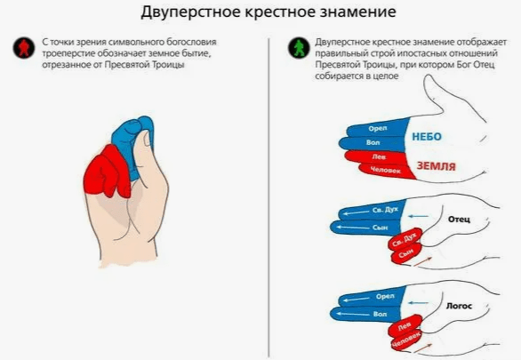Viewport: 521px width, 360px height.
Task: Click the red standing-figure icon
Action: [24, 48]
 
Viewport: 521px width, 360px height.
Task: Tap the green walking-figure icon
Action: [299, 48]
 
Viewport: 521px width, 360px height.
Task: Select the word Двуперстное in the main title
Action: [190, 12]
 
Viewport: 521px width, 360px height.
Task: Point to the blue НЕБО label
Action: [427, 137]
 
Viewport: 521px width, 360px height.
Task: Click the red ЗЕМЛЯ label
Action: [436, 165]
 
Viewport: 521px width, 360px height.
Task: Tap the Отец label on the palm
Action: [459, 220]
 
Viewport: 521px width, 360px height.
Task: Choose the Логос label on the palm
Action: [459, 306]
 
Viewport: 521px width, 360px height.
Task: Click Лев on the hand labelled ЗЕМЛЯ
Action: [379, 156]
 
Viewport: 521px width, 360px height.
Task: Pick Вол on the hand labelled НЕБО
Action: [373, 142]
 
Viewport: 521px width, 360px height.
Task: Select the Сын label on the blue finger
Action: [381, 228]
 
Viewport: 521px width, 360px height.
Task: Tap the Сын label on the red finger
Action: [405, 254]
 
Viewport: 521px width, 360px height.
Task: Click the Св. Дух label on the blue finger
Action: [385, 210]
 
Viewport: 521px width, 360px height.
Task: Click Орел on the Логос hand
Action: [385, 296]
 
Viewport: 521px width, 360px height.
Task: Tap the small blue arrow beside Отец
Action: [418, 217]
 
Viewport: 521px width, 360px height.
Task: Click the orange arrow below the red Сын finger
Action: [422, 261]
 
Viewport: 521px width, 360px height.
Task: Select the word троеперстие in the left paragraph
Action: [68, 53]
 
